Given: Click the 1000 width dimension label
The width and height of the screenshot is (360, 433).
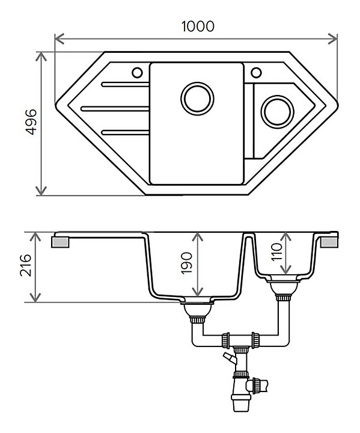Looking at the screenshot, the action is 198,26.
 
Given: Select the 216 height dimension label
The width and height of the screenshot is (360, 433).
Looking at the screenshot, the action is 26,265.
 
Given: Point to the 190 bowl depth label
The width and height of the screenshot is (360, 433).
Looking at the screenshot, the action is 186,263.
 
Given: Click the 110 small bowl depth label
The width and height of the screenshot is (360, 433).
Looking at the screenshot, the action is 276,251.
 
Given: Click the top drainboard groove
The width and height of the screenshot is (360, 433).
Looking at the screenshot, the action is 126,85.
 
